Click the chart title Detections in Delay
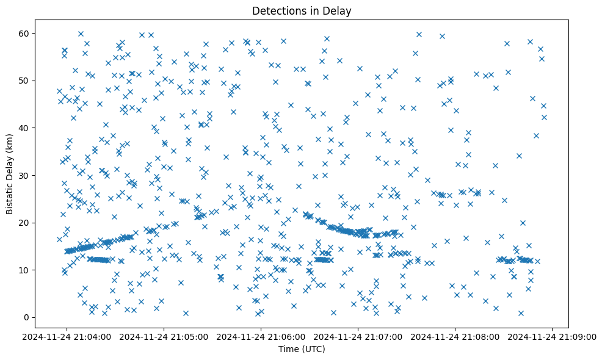pyautogui.click(x=302, y=11)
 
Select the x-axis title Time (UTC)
pyautogui.click(x=302, y=350)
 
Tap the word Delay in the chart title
pyautogui.click(x=339, y=11)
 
